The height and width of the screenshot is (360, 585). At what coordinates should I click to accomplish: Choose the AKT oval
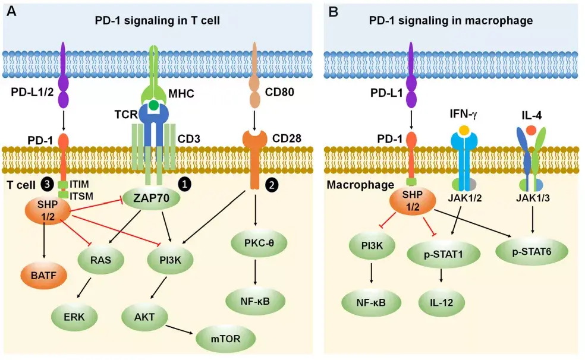pos(144,317)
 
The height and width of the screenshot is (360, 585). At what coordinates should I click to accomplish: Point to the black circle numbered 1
pos(185,184)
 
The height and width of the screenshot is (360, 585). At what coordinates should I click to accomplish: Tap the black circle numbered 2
pos(271,184)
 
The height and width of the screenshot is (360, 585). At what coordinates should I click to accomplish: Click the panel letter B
pos(334,11)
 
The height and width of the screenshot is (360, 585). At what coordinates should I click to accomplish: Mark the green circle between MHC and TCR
pos(154,106)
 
